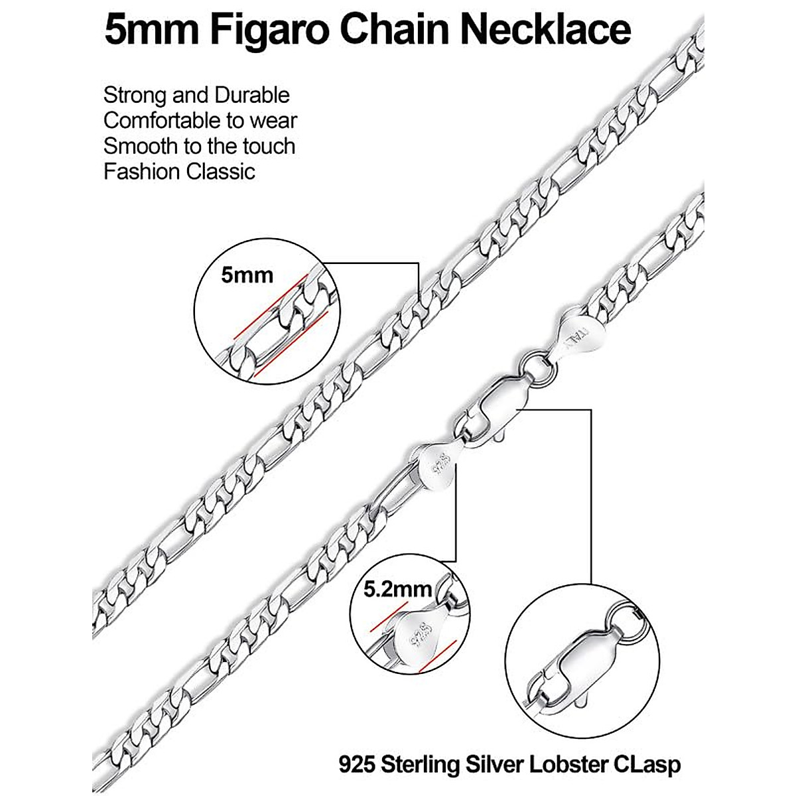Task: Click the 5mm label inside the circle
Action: click(x=247, y=275)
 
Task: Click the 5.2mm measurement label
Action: click(x=398, y=588)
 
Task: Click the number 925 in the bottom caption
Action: click(x=356, y=764)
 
